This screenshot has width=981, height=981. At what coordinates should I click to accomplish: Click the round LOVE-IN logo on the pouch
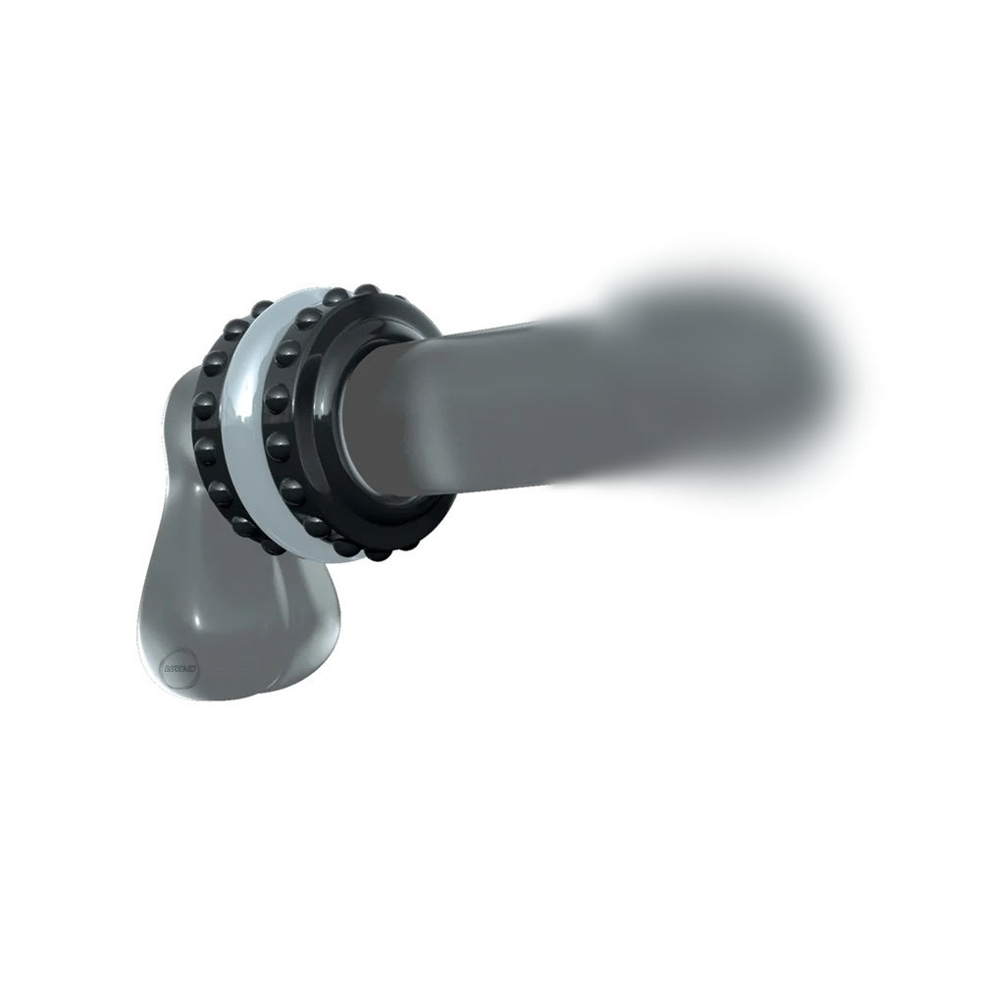(x=178, y=665)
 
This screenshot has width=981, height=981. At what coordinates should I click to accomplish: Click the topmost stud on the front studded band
(x=367, y=290)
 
